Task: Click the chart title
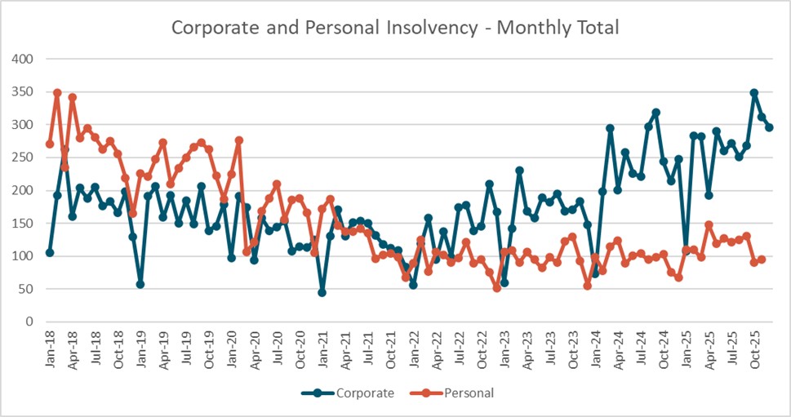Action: pyautogui.click(x=395, y=27)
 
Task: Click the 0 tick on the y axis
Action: pyautogui.click(x=32, y=322)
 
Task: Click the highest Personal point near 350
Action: pyautogui.click(x=57, y=93)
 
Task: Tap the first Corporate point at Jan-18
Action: pyautogui.click(x=50, y=253)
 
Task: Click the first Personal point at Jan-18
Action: pyautogui.click(x=50, y=144)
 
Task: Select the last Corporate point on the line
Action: pyautogui.click(x=770, y=127)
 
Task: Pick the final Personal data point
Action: pyautogui.click(x=762, y=260)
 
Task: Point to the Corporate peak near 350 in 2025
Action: pyautogui.click(x=754, y=93)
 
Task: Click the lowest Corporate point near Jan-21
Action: pyautogui.click(x=322, y=292)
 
